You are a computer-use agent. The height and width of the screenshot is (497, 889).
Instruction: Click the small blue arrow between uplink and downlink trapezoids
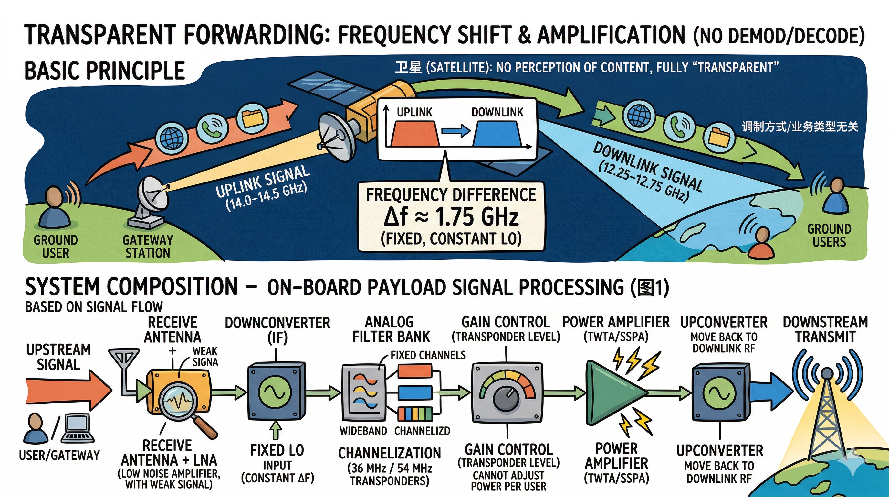(456, 131)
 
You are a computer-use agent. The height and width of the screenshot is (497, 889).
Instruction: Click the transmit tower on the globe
(827, 415)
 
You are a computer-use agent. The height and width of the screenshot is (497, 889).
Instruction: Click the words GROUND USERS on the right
(829, 235)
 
